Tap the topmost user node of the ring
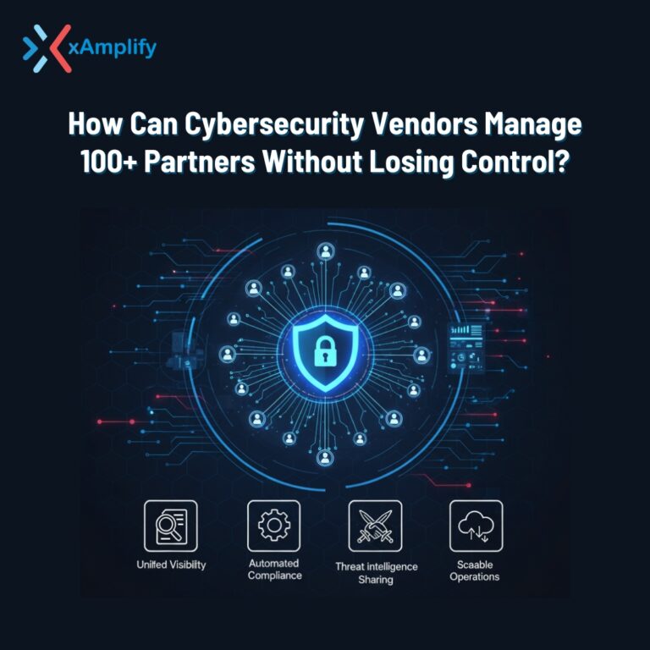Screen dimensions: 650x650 click(325, 251)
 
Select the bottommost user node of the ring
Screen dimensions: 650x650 click(325, 458)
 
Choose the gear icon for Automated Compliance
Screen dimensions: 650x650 click(273, 526)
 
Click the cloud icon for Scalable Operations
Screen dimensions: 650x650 click(476, 526)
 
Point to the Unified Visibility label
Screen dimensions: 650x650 click(170, 565)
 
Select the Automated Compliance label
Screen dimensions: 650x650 click(274, 570)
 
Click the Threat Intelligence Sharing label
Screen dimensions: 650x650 click(375, 573)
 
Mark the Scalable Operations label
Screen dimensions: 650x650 click(476, 570)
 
